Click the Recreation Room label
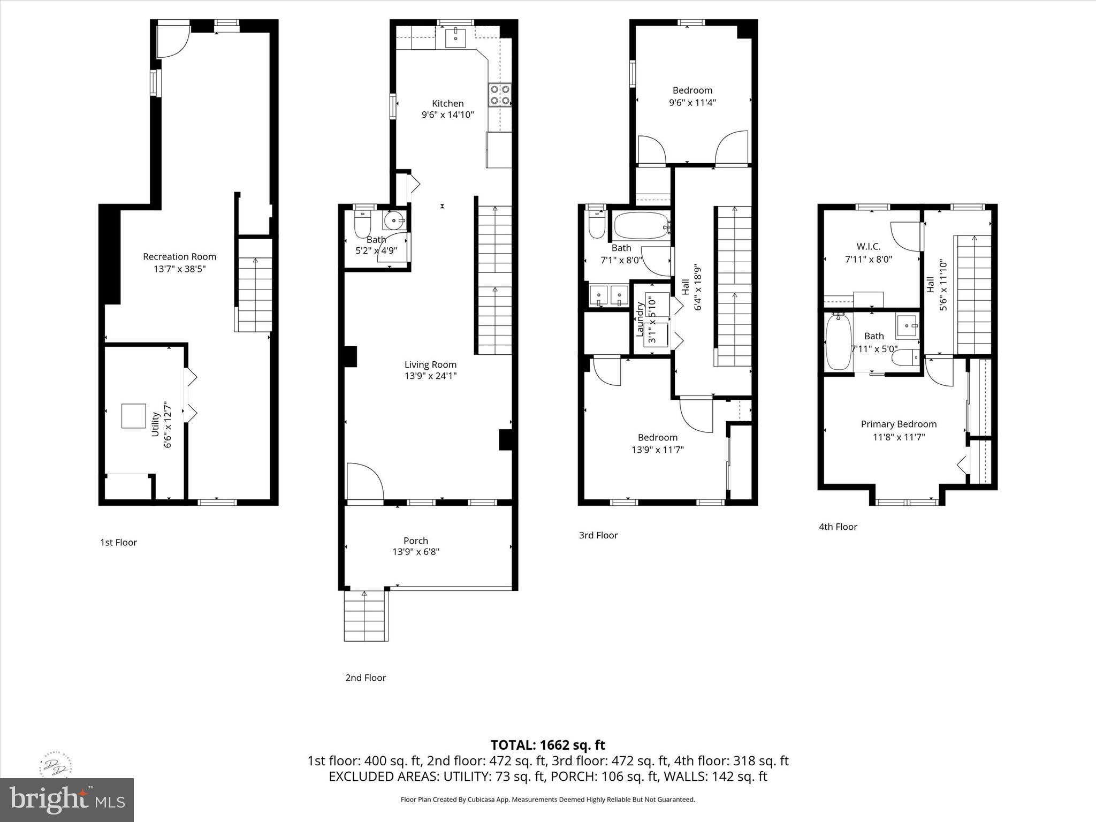[179, 256]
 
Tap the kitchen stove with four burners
[499, 95]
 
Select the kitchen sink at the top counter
[456, 38]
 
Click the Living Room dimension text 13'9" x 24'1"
[430, 376]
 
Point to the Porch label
[415, 541]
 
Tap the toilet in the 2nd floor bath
[363, 226]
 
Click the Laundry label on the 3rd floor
[639, 319]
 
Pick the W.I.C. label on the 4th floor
[868, 246]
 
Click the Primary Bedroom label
[899, 424]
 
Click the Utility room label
[156, 424]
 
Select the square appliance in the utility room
[134, 416]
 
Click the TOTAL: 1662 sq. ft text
[547, 745]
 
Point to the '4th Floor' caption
[838, 527]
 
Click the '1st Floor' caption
[118, 542]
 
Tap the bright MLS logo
[67, 800]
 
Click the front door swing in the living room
[364, 481]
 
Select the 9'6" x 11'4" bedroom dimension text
[692, 103]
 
